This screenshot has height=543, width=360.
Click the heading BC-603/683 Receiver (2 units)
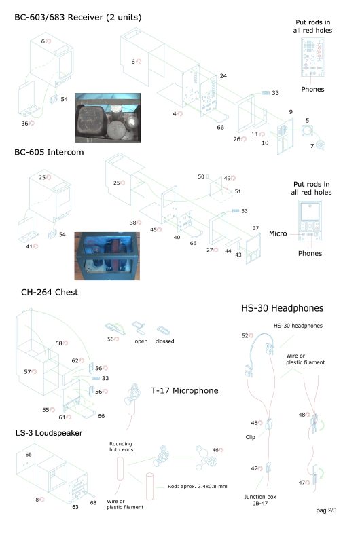point(78,18)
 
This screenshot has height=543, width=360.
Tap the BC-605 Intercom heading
point(49,152)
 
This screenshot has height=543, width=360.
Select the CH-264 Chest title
point(50,292)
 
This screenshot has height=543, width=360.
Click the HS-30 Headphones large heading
point(283,308)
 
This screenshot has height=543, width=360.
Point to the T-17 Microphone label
point(185,391)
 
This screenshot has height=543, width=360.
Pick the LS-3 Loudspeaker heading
point(49,433)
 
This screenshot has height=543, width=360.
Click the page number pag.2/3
point(326,510)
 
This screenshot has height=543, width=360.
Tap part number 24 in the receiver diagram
point(223,75)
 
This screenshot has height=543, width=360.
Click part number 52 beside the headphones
point(245,335)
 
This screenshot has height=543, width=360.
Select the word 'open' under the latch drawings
point(141,341)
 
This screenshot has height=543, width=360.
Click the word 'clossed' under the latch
point(164,341)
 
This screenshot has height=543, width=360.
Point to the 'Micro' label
point(278,233)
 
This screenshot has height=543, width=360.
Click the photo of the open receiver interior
point(108,117)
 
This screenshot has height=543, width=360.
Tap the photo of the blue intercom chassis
point(107,256)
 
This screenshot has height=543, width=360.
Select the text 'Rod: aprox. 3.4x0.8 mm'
point(198,486)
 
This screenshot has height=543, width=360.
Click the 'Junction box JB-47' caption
point(260,500)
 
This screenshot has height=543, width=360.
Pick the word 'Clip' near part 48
point(250,437)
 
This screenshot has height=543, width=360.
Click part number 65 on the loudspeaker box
point(29,454)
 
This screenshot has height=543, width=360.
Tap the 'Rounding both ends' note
point(122,447)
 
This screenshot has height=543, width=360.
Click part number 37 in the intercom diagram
point(255,228)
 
